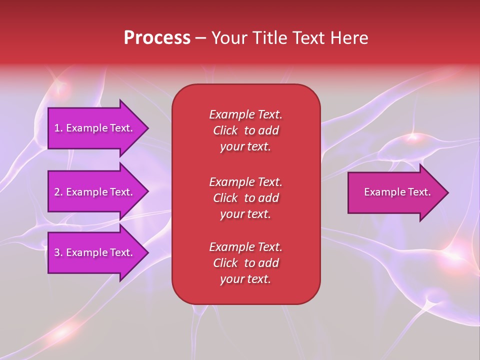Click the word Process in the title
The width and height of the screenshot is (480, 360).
pyautogui.click(x=157, y=38)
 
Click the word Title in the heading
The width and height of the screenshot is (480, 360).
pyautogui.click(x=268, y=38)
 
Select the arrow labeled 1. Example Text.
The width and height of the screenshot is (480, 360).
pyautogui.click(x=95, y=128)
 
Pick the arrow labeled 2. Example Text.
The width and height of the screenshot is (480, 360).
pyautogui.click(x=95, y=192)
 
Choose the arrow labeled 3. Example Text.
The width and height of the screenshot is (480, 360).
pyautogui.click(x=95, y=252)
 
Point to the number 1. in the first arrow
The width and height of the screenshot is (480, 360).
pyautogui.click(x=58, y=128)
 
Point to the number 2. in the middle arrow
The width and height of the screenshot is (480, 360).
pyautogui.click(x=58, y=192)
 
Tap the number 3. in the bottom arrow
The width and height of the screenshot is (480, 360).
pyautogui.click(x=58, y=252)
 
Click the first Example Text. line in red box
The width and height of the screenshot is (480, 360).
pyautogui.click(x=245, y=114)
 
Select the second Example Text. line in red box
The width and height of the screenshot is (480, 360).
pyautogui.click(x=245, y=181)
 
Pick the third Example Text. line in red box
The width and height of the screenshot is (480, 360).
pyautogui.click(x=245, y=247)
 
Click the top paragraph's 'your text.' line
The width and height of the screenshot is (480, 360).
pyautogui.click(x=245, y=146)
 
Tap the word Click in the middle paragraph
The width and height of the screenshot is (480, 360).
pyautogui.click(x=225, y=198)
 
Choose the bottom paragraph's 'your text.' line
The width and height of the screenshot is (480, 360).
pyautogui.click(x=245, y=279)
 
